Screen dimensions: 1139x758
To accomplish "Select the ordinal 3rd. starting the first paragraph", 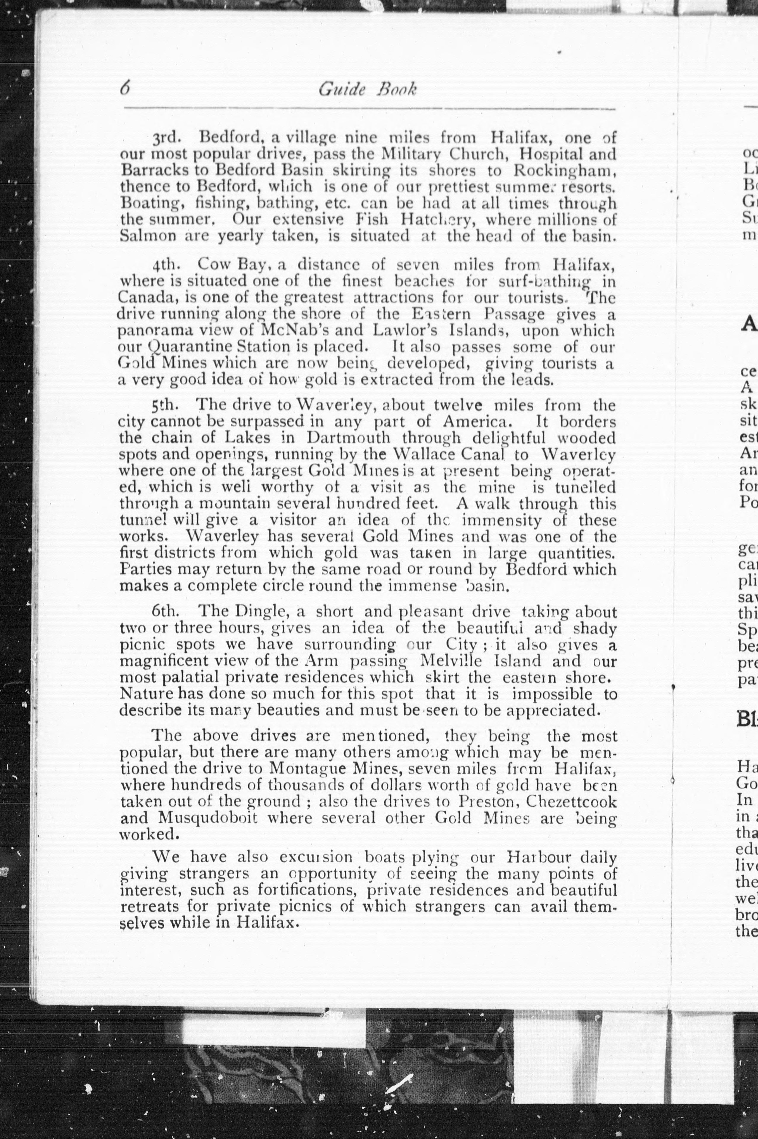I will tap(167, 139).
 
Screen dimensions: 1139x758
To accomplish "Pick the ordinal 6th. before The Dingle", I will tap(166, 612).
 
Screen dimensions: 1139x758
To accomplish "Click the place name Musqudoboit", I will tap(209, 817).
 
